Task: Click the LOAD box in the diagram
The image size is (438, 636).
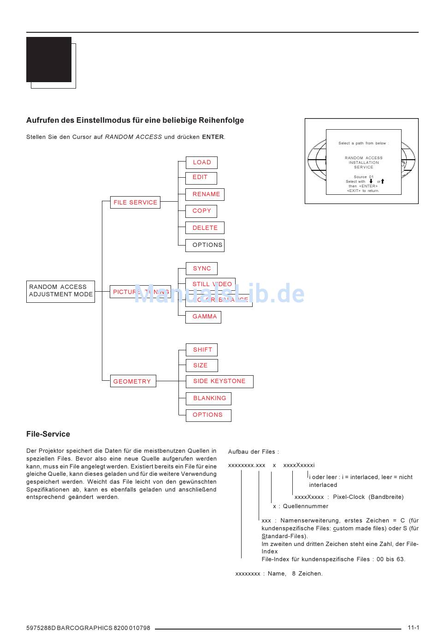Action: pos(201,162)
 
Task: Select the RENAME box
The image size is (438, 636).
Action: pos(205,194)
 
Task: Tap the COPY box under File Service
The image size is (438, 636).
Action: pos(201,211)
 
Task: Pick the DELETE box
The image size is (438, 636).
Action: pos(205,228)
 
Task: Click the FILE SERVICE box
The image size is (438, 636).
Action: pos(135,203)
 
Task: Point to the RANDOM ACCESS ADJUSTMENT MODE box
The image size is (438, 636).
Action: pos(60,291)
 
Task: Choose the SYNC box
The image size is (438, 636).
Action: pos(201,269)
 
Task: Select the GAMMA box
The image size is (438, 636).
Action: pos(203,317)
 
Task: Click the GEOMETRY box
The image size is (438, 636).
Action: pos(133,381)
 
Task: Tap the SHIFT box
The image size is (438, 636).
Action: pos(202,350)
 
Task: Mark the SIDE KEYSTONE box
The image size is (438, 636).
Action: pos(219,382)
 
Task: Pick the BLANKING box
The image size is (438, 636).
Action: pos(208,398)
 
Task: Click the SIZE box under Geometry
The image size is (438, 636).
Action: pos(201,366)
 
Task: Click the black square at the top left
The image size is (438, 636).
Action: pos(49,60)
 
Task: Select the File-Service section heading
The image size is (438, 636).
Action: pos(48,434)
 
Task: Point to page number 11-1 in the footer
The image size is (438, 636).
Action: pos(413,628)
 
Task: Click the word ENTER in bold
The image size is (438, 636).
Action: pos(213,137)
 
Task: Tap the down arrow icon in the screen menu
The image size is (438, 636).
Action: pos(371,181)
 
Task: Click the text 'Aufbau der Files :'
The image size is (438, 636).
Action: pos(254,452)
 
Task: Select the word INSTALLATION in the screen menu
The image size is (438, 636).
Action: pos(364,162)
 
